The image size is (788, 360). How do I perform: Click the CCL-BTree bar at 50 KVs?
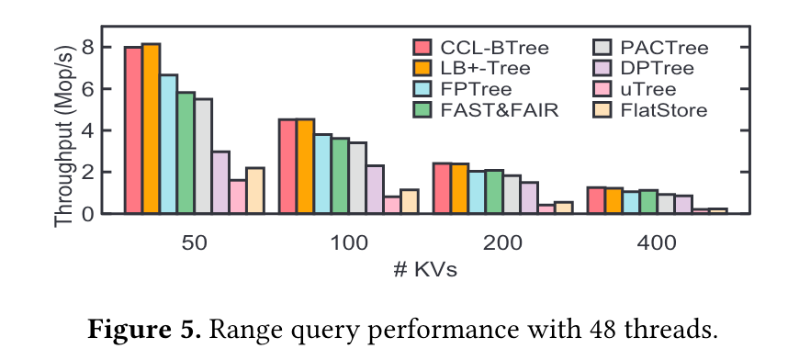click(133, 130)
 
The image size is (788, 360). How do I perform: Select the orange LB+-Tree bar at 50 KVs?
click(151, 129)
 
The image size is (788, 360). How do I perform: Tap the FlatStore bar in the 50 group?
click(255, 190)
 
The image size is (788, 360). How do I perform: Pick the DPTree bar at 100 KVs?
click(375, 189)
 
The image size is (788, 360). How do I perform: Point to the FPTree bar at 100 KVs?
click(322, 174)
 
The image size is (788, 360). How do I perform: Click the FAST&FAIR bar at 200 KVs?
click(494, 192)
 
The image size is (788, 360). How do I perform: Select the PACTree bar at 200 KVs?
click(512, 195)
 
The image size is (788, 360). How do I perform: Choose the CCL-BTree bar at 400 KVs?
click(597, 200)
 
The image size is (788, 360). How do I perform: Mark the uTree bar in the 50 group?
click(238, 197)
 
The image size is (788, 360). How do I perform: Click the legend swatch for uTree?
click(602, 89)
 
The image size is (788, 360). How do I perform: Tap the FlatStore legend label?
click(664, 110)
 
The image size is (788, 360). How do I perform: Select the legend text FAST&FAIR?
click(500, 110)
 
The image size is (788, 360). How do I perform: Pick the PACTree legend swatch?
click(602, 47)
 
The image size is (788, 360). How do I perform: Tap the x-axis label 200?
click(503, 244)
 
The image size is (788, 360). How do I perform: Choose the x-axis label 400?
click(657, 244)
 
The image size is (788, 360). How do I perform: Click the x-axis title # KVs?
click(425, 270)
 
